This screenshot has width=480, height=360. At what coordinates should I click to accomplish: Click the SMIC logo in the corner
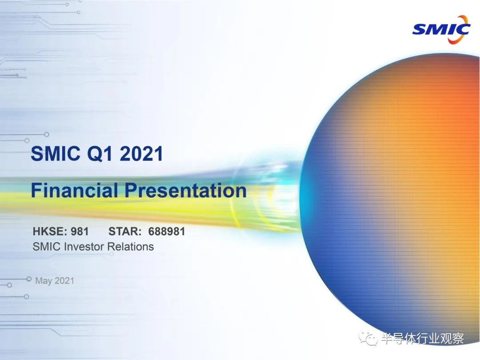(x=441, y=29)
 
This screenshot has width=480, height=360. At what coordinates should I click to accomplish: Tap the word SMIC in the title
(x=56, y=153)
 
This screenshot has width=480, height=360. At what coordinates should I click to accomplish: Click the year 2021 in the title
(x=141, y=153)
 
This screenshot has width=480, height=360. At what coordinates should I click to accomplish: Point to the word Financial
(x=74, y=190)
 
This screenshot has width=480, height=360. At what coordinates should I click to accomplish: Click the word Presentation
(x=185, y=190)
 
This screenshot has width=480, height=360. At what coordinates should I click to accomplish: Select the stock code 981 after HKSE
(x=80, y=231)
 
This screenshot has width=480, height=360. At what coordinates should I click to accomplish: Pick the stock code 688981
(x=167, y=231)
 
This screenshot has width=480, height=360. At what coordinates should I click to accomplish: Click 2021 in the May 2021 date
(x=64, y=280)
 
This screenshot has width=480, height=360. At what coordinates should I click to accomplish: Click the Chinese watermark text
(x=423, y=339)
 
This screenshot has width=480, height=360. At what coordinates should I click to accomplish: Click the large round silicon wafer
(x=392, y=196)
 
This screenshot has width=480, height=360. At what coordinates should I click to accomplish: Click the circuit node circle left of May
(x=29, y=279)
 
